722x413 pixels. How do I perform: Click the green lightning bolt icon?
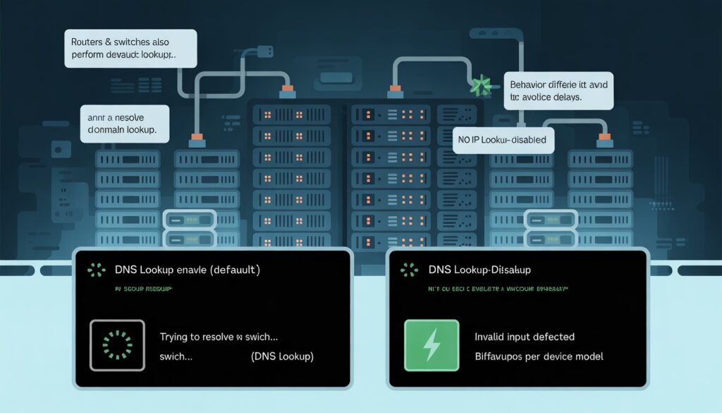tap(431, 345)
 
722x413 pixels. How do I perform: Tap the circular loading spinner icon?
tap(117, 345)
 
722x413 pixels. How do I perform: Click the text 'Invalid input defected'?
tap(525, 337)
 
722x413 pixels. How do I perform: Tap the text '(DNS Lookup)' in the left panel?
tap(282, 357)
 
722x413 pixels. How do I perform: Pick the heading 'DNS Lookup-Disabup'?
tap(480, 270)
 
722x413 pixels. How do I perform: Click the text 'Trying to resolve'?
tap(202, 337)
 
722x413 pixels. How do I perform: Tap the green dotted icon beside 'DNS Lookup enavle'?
tap(92, 270)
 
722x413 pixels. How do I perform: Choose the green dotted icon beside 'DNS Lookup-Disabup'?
tap(407, 270)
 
